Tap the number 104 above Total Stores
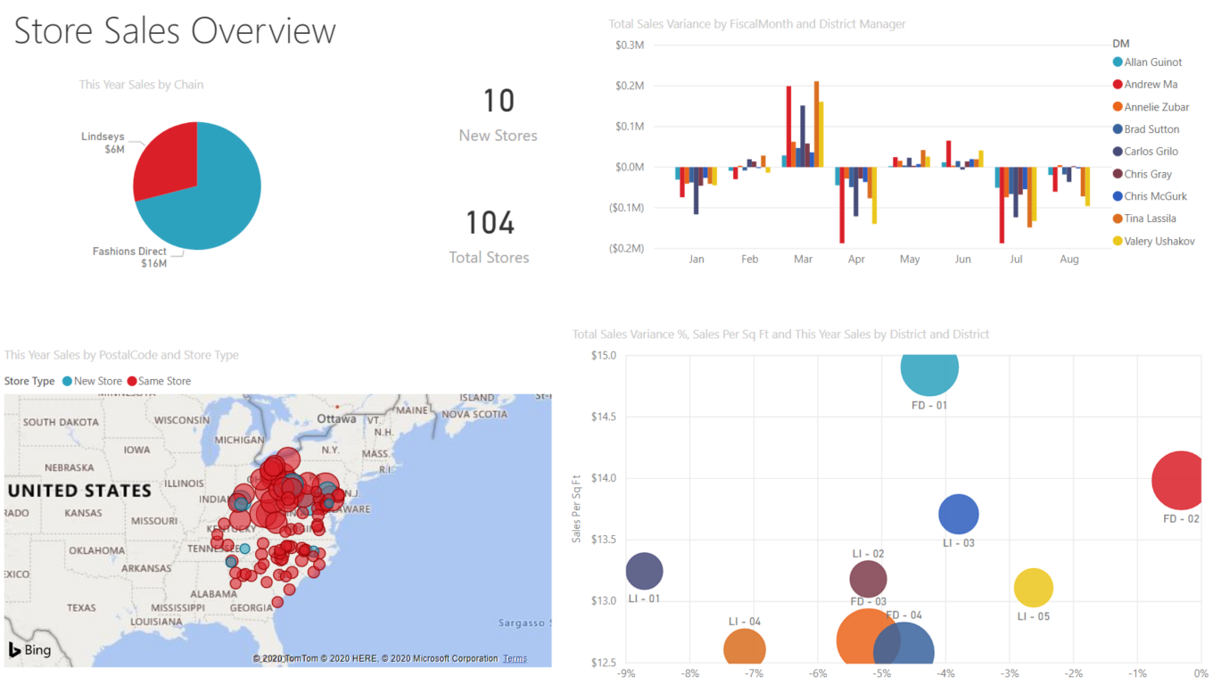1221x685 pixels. click(x=490, y=223)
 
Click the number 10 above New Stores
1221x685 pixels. click(x=499, y=101)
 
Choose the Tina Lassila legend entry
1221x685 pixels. click(x=1150, y=219)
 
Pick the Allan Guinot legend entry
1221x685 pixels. click(x=1152, y=62)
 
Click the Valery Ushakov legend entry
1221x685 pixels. click(x=1159, y=241)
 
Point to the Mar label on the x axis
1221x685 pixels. click(x=803, y=260)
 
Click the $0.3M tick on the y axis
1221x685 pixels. click(x=630, y=45)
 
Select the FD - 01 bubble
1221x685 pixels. click(x=929, y=367)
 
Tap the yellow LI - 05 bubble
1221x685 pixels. click(x=1033, y=587)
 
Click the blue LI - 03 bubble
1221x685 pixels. click(x=959, y=514)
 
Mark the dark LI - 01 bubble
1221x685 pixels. click(x=644, y=572)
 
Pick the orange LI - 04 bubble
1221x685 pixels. click(x=745, y=649)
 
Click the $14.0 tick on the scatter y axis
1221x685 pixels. click(x=603, y=478)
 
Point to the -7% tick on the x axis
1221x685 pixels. click(x=754, y=674)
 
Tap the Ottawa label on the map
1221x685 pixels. click(x=336, y=418)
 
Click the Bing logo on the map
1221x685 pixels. click(x=29, y=650)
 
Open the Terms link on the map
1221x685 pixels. click(x=515, y=659)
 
